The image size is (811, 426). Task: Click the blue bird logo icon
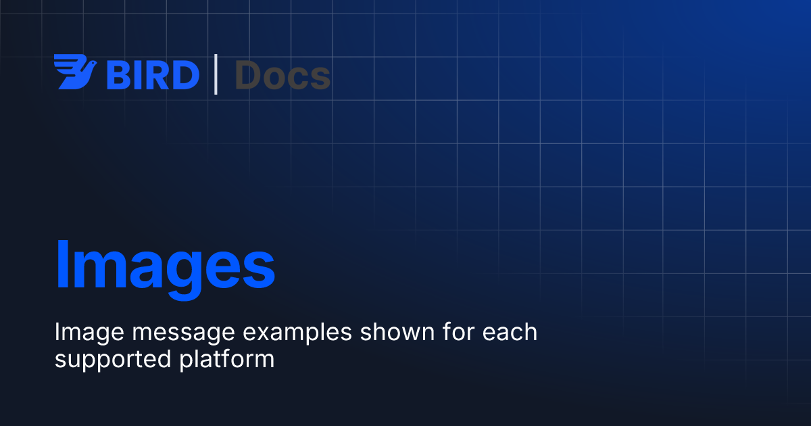click(75, 72)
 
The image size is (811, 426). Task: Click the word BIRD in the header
click(153, 75)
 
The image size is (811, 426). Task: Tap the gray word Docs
click(282, 75)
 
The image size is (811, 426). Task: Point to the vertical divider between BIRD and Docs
click(216, 74)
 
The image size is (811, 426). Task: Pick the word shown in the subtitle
click(397, 332)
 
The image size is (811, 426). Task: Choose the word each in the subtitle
click(510, 332)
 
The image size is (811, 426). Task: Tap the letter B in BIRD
click(118, 75)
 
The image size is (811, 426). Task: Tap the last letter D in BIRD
click(187, 75)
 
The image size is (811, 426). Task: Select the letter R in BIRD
click(157, 75)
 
